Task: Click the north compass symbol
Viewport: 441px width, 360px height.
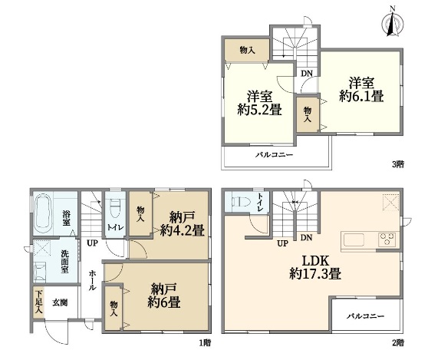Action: [x=393, y=22]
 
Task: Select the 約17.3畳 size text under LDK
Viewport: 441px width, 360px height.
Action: [x=315, y=273]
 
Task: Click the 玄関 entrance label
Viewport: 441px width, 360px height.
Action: [x=60, y=303]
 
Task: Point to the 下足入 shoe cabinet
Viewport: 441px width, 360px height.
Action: [x=38, y=302]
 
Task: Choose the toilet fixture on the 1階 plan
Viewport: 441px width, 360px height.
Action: [x=114, y=208]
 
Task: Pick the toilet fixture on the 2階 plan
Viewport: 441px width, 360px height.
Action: [x=241, y=202]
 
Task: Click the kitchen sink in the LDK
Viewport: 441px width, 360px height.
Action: [x=354, y=239]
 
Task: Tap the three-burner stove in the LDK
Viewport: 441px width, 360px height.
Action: [x=387, y=239]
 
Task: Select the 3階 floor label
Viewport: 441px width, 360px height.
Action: [x=398, y=164]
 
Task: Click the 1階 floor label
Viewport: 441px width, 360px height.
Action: [x=205, y=343]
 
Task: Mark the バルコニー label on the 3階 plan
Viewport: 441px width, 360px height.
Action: [x=274, y=155]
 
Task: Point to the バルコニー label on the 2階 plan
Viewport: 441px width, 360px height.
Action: [x=365, y=316]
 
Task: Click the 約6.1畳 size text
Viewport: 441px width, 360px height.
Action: [x=361, y=97]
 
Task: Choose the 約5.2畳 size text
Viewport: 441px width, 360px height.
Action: [x=259, y=110]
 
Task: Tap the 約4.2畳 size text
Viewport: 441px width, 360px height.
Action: [x=182, y=230]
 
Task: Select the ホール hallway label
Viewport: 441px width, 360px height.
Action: [x=92, y=280]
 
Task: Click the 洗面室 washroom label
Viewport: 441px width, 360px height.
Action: [x=65, y=262]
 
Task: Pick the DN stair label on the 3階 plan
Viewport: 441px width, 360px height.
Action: [x=307, y=74]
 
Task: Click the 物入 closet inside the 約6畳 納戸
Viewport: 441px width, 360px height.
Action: [x=114, y=309]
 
